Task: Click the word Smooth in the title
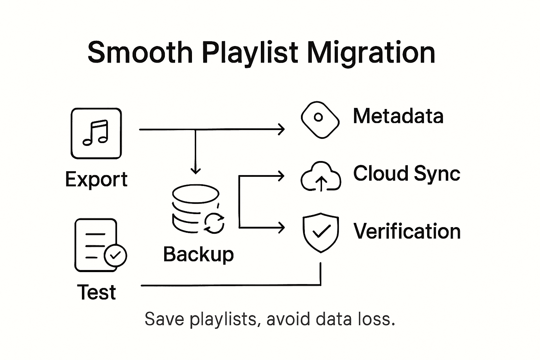pos(140,53)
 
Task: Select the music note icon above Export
pos(96,134)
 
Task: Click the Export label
pos(96,180)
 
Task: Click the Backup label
pos(198,254)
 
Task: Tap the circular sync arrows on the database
pos(214,223)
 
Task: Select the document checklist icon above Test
pos(96,245)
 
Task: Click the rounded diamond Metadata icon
pos(320,120)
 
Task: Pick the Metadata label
pos(398,116)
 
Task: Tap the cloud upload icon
pos(321,177)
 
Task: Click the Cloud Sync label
pos(406,173)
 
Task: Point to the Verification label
pos(407,231)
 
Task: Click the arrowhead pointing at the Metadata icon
pos(281,129)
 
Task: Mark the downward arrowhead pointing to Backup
pos(195,171)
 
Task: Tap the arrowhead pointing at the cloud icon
pos(281,176)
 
